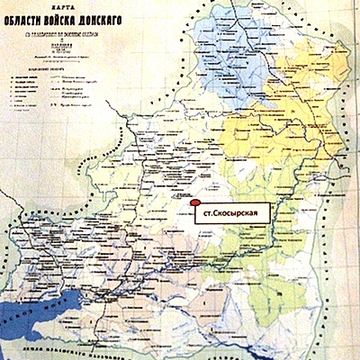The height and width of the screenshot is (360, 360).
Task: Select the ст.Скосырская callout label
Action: coord(231,211)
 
